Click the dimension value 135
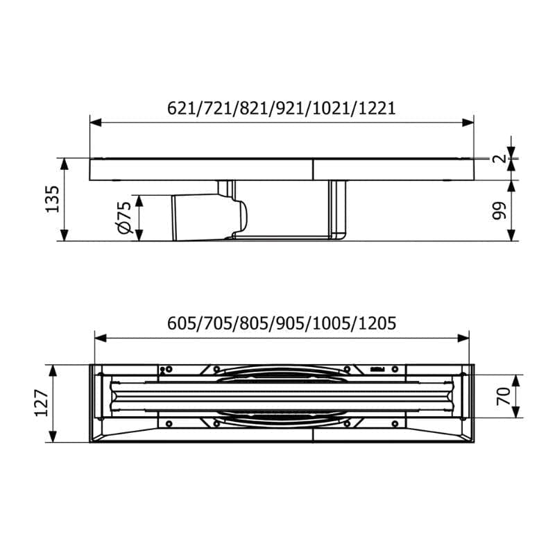coord(53,199)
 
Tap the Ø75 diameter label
coord(125,218)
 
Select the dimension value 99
coord(499,211)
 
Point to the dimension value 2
coord(499,158)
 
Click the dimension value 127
coord(42,403)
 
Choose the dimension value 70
coord(504,396)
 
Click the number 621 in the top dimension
coord(180,108)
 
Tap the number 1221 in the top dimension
coord(377,108)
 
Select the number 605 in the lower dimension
coord(180,323)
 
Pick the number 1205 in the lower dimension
coord(377,323)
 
